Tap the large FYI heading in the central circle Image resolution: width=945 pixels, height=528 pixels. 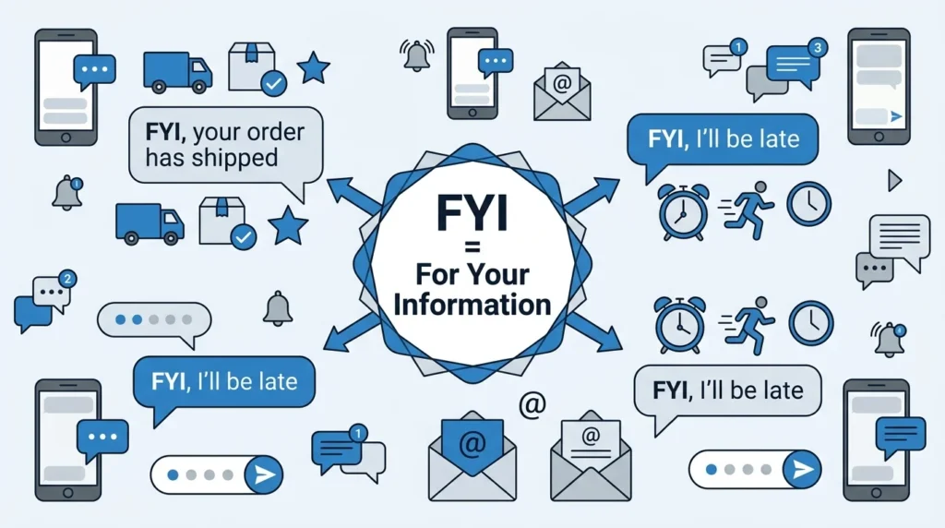click(x=472, y=212)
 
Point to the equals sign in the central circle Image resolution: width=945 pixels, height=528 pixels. click(x=472, y=247)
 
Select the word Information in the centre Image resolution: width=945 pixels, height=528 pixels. click(x=472, y=305)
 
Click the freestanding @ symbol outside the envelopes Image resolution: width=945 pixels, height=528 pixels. click(x=532, y=404)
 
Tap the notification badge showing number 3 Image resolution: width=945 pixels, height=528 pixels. click(x=818, y=48)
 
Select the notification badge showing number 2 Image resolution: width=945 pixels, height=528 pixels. click(x=66, y=279)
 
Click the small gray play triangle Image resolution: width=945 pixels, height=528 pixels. click(x=894, y=180)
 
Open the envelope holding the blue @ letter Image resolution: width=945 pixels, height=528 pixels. click(x=472, y=456)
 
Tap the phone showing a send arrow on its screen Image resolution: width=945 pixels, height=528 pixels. click(x=879, y=86)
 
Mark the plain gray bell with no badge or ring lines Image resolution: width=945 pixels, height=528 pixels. click(x=278, y=308)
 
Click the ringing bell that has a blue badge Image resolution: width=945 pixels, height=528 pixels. click(x=889, y=340)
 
